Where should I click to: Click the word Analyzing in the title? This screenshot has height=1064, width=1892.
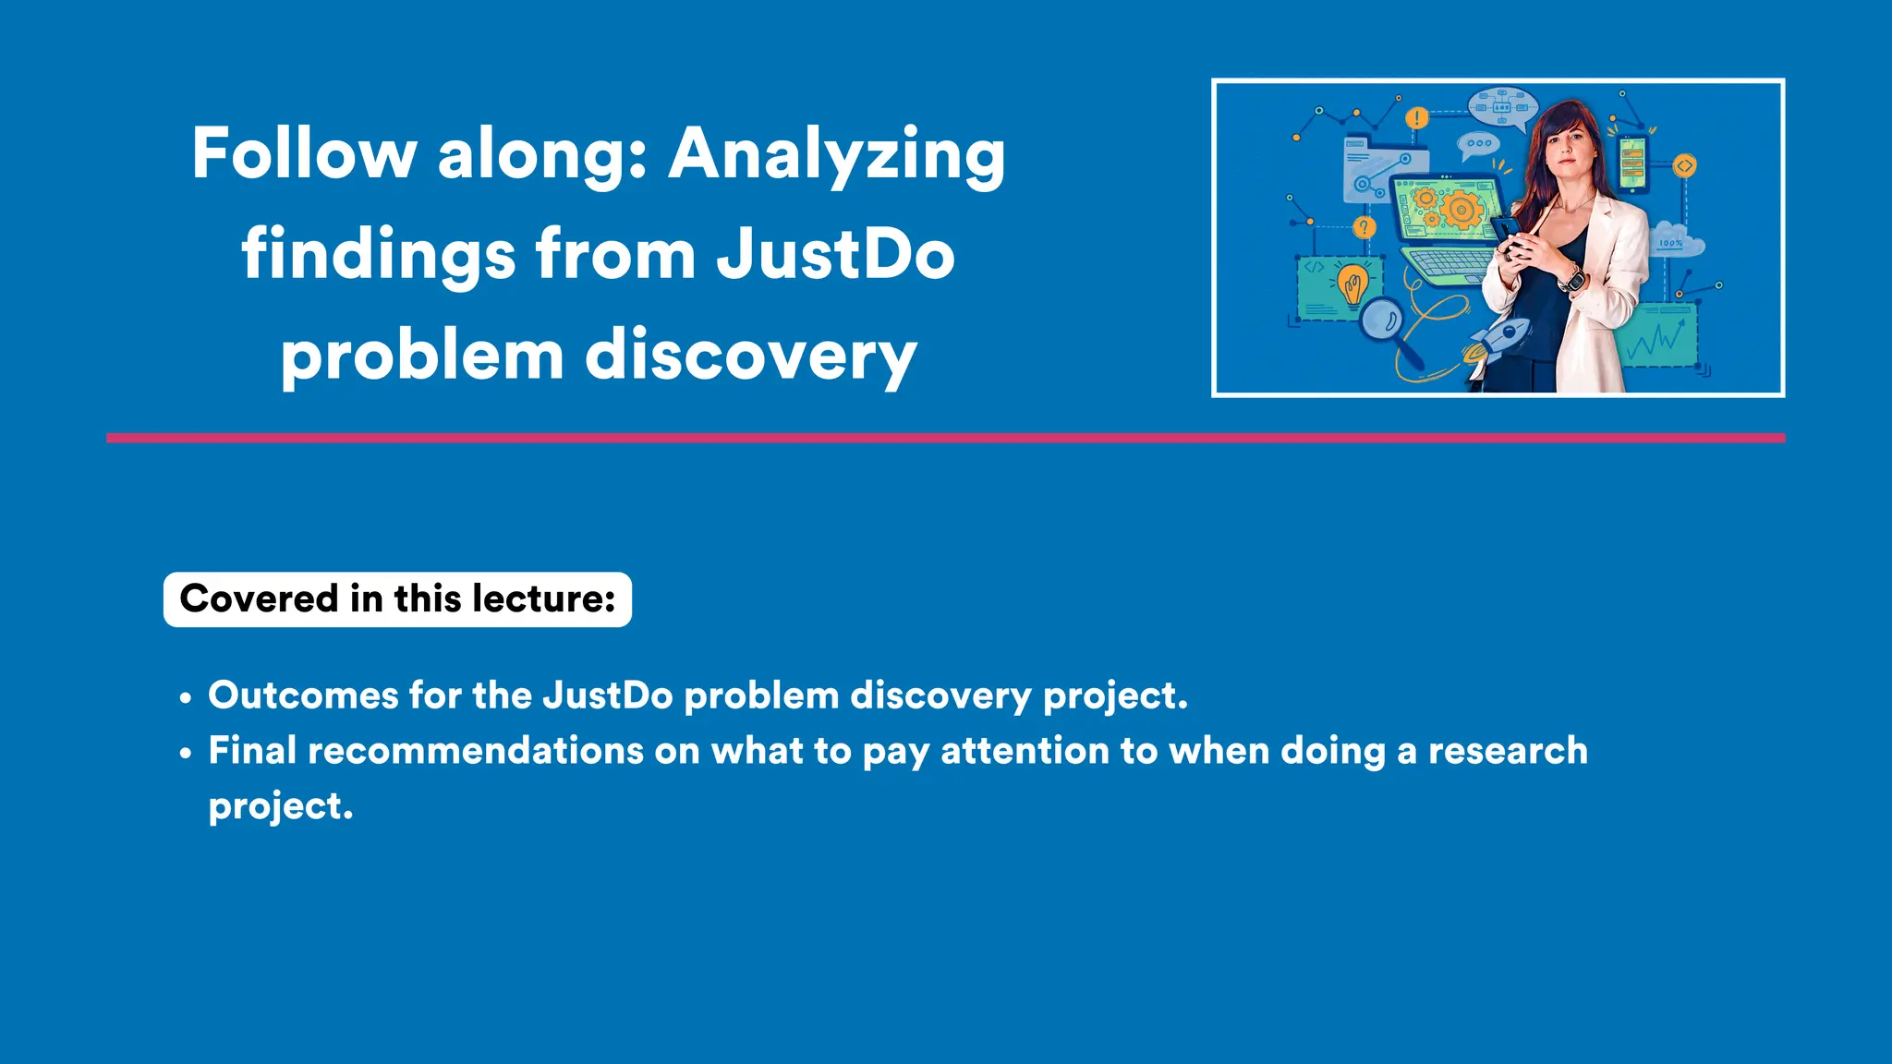pyautogui.click(x=836, y=155)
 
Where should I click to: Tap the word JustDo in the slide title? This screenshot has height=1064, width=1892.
pyautogui.click(x=835, y=255)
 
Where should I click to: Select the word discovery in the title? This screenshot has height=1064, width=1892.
pyautogui.click(x=751, y=356)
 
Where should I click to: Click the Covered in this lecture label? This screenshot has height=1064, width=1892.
pyautogui.click(x=397, y=599)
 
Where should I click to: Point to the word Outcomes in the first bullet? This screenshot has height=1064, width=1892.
pyautogui.click(x=302, y=695)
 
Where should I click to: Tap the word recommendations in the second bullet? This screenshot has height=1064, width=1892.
pyautogui.click(x=475, y=751)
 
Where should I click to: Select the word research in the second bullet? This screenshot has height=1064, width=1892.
pyautogui.click(x=1508, y=751)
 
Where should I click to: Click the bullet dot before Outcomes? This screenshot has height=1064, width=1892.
pyautogui.click(x=186, y=698)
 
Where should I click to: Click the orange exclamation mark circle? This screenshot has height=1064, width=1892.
pyautogui.click(x=1416, y=118)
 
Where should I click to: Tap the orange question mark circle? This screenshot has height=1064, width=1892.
pyautogui.click(x=1364, y=227)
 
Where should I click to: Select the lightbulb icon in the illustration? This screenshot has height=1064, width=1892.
pyautogui.click(x=1353, y=284)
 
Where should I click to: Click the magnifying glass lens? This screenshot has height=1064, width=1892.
pyautogui.click(x=1382, y=320)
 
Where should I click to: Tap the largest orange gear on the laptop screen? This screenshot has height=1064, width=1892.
pyautogui.click(x=1461, y=210)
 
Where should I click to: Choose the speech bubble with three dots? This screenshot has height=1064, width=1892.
pyautogui.click(x=1478, y=144)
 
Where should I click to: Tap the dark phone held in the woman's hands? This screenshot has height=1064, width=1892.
pyautogui.click(x=1507, y=231)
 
